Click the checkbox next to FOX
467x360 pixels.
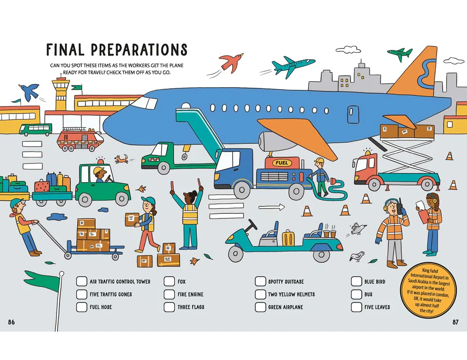point(169,282)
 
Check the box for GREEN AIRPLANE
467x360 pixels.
point(260,307)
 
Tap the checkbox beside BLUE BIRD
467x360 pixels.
point(356,282)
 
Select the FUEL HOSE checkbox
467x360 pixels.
point(81,307)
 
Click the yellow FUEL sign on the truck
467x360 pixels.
point(282,162)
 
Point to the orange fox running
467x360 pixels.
point(122,159)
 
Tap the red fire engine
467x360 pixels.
point(80,139)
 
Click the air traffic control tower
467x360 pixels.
point(62,94)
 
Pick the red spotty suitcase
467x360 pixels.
point(42,186)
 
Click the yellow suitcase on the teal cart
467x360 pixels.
point(288,238)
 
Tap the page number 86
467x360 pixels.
point(11,322)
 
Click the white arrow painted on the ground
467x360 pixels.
point(271,207)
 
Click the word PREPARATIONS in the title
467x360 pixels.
point(139,49)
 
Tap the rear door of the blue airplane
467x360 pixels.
point(353,114)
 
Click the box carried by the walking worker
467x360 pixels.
point(133,220)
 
